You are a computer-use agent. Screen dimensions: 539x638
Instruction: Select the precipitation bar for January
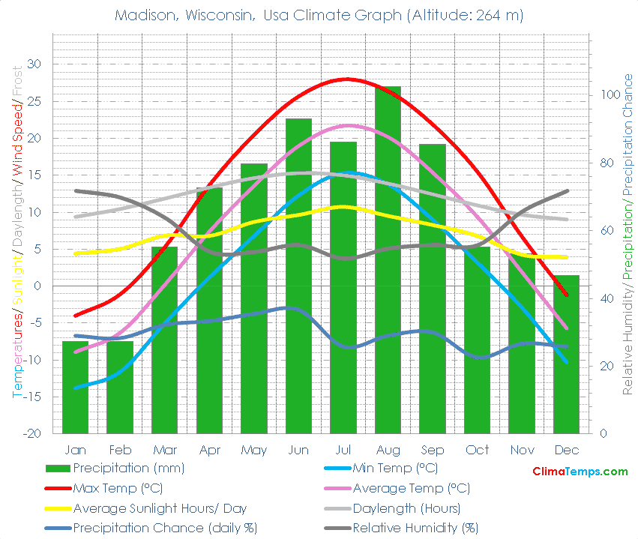point(75,390)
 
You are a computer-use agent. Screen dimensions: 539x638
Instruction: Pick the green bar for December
point(566,360)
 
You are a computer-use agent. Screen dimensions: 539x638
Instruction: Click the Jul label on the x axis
point(343,450)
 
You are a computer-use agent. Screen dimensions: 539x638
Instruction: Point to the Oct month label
point(477,450)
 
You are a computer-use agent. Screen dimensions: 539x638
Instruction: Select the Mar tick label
point(164,450)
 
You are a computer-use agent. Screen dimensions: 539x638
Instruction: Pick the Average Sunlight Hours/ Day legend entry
point(160,508)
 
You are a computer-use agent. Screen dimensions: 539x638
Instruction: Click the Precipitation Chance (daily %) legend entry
point(164,528)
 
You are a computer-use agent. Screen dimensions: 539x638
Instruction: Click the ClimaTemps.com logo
point(580,472)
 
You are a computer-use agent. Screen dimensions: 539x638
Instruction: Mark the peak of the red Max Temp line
point(345,79)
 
